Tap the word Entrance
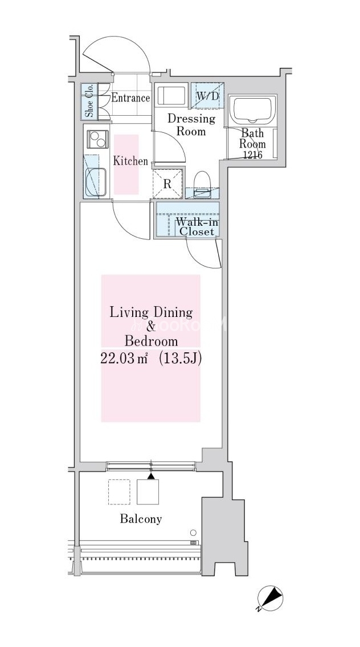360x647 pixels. pos(130,98)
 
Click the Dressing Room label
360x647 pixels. pos(191,125)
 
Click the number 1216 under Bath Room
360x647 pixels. pos(253,154)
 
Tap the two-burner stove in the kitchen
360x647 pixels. pos(98,139)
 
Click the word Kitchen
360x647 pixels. pos(130,161)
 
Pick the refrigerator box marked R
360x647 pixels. pos(167,184)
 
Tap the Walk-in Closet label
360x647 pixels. pos(197,226)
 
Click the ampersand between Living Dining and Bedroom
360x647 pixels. pos(151,327)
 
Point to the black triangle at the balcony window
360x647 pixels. pos(152,476)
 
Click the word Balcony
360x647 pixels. pos(141,519)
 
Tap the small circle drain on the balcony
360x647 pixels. pos(193,532)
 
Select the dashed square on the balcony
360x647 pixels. pos(119,492)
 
